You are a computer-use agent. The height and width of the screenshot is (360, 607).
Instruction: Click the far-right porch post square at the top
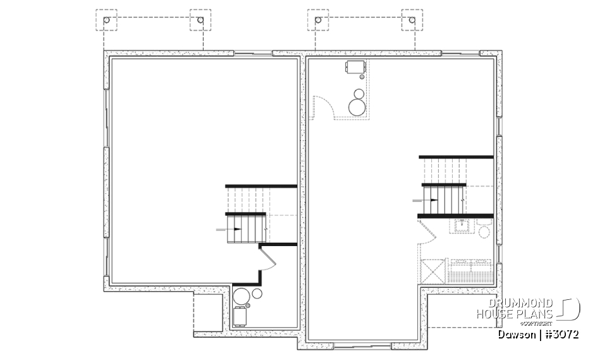click(413, 21)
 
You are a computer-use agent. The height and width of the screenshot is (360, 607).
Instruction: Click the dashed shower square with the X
click(432, 272)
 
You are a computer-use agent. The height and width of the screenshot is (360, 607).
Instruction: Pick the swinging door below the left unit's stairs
click(267, 259)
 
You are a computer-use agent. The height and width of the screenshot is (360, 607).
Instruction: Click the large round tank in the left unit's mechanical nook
click(242, 296)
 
